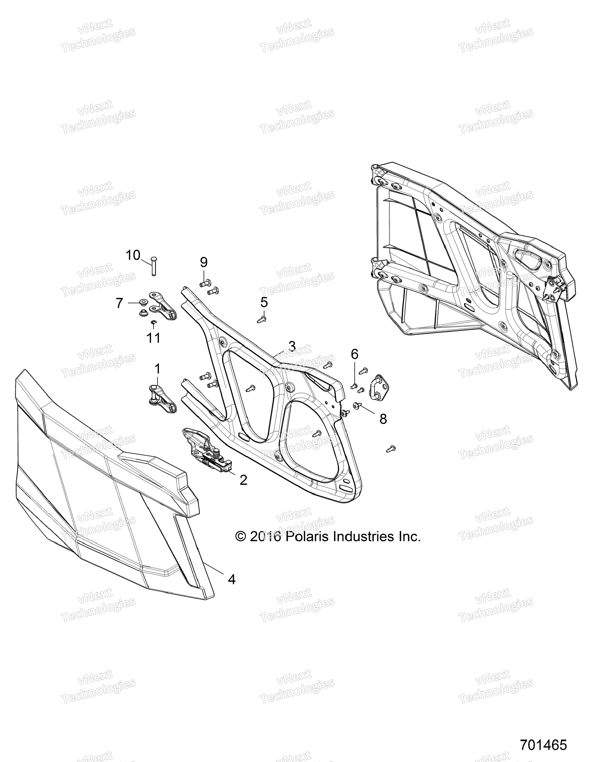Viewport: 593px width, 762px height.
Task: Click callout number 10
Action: click(133, 255)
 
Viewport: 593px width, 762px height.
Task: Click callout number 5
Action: click(264, 302)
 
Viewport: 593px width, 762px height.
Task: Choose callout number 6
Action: click(354, 354)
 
